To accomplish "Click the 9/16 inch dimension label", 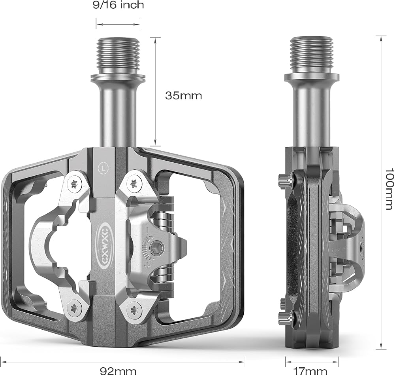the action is pos(118,5).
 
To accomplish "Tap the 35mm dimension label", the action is pos(184,96).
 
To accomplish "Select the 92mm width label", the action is pos(118,371).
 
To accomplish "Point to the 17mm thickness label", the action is pos(310,371).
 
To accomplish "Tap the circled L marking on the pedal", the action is pos(103,167).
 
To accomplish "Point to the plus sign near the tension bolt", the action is pos(147,266).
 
